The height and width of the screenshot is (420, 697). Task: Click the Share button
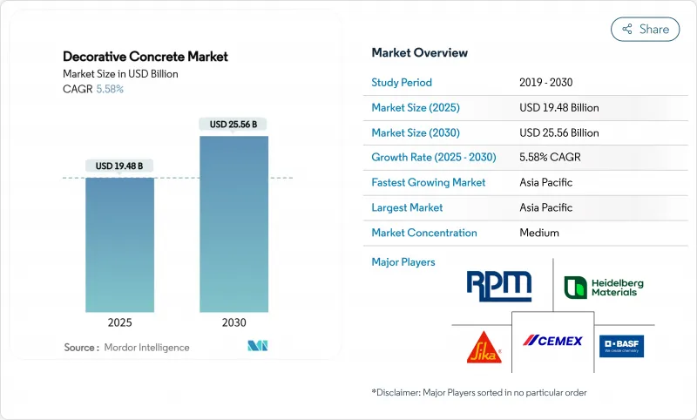coord(646,29)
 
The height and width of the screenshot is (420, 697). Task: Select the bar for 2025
coord(119,244)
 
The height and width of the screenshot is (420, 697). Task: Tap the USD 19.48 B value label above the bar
coord(119,166)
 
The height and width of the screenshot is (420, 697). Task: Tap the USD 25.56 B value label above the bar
coord(233,124)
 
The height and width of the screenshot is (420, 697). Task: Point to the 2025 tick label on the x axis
coord(119,322)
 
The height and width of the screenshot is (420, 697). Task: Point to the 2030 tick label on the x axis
coord(233,322)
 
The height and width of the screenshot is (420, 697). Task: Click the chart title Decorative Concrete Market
coord(145,57)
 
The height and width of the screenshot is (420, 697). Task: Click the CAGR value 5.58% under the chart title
coord(109,89)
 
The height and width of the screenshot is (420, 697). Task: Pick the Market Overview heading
coord(420,52)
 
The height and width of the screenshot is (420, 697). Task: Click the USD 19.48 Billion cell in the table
coord(558,108)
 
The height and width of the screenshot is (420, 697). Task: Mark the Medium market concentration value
coord(538,233)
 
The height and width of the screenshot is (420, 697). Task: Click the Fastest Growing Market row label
coord(429,183)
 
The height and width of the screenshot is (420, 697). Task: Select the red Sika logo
coord(481,346)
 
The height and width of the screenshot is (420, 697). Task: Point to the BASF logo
coord(621,345)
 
